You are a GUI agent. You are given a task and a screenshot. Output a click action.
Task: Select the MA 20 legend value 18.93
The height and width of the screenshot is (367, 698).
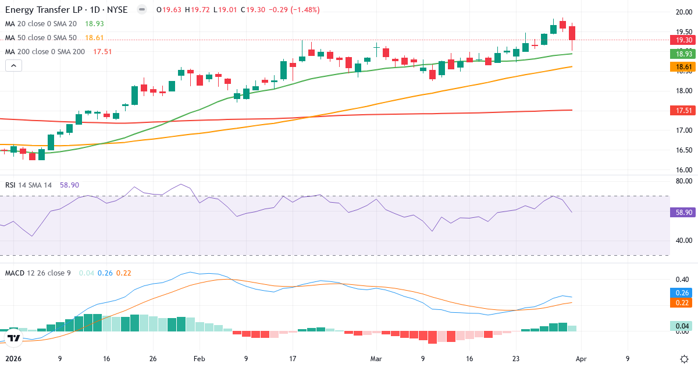click(x=95, y=23)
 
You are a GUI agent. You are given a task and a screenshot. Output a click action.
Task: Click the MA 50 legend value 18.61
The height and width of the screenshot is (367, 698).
click(x=95, y=37)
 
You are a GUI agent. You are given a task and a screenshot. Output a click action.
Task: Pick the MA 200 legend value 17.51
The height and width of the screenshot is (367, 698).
click(x=102, y=51)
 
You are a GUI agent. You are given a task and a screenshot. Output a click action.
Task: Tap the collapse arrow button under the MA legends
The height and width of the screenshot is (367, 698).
click(x=13, y=65)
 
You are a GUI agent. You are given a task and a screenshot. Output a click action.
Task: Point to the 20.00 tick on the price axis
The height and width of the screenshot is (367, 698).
click(x=683, y=12)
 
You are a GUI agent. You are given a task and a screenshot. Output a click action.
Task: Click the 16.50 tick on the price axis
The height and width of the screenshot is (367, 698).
click(x=683, y=150)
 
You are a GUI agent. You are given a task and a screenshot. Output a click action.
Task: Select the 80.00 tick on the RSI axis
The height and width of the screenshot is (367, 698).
click(x=683, y=181)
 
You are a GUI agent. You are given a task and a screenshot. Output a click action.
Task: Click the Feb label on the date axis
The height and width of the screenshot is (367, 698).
click(x=200, y=359)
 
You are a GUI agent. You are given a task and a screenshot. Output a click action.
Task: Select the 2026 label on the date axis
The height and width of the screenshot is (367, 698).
click(x=13, y=359)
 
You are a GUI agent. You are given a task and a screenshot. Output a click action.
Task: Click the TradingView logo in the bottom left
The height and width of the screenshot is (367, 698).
click(x=14, y=338)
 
